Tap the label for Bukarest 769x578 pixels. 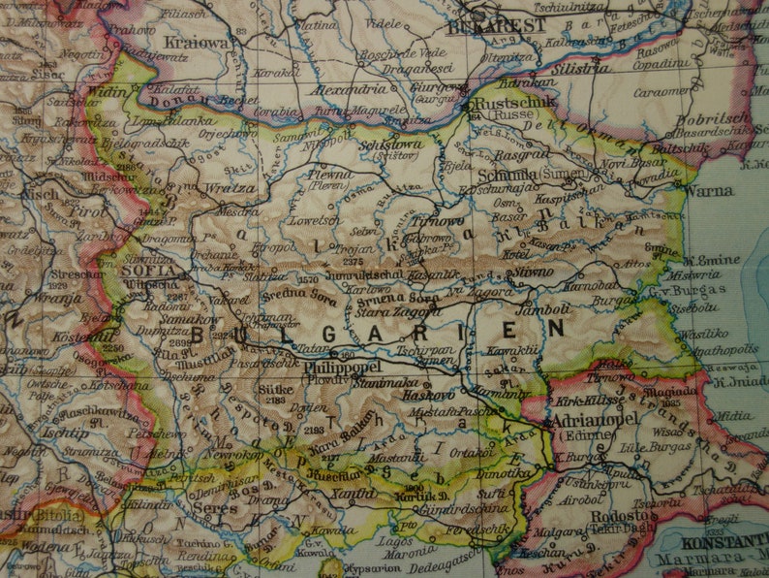pos(499,25)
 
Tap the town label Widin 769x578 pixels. pos(108,91)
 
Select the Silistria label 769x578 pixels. pos(580,69)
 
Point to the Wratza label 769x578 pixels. pos(231,187)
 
